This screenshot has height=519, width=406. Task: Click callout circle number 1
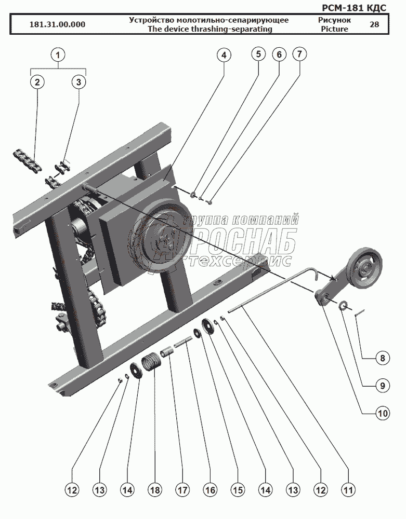click(58, 54)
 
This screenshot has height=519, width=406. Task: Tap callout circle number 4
click(224, 55)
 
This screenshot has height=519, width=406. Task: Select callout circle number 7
click(299, 53)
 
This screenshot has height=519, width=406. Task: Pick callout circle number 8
click(383, 358)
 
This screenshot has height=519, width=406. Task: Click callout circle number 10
click(383, 413)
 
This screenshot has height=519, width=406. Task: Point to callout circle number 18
click(155, 489)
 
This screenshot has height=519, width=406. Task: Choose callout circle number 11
click(348, 489)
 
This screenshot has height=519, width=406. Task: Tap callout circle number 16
click(210, 489)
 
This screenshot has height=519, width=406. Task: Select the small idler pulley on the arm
click(363, 264)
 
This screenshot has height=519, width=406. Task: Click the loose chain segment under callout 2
click(28, 161)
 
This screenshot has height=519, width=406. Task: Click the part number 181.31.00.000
click(57, 24)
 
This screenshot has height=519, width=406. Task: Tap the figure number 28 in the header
click(374, 24)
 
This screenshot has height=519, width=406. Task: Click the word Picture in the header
click(334, 29)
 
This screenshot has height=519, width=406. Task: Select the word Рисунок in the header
click(334, 20)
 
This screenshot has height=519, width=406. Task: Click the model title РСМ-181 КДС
click(355, 8)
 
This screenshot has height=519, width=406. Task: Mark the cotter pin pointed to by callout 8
click(360, 312)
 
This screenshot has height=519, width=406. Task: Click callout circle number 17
click(182, 489)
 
